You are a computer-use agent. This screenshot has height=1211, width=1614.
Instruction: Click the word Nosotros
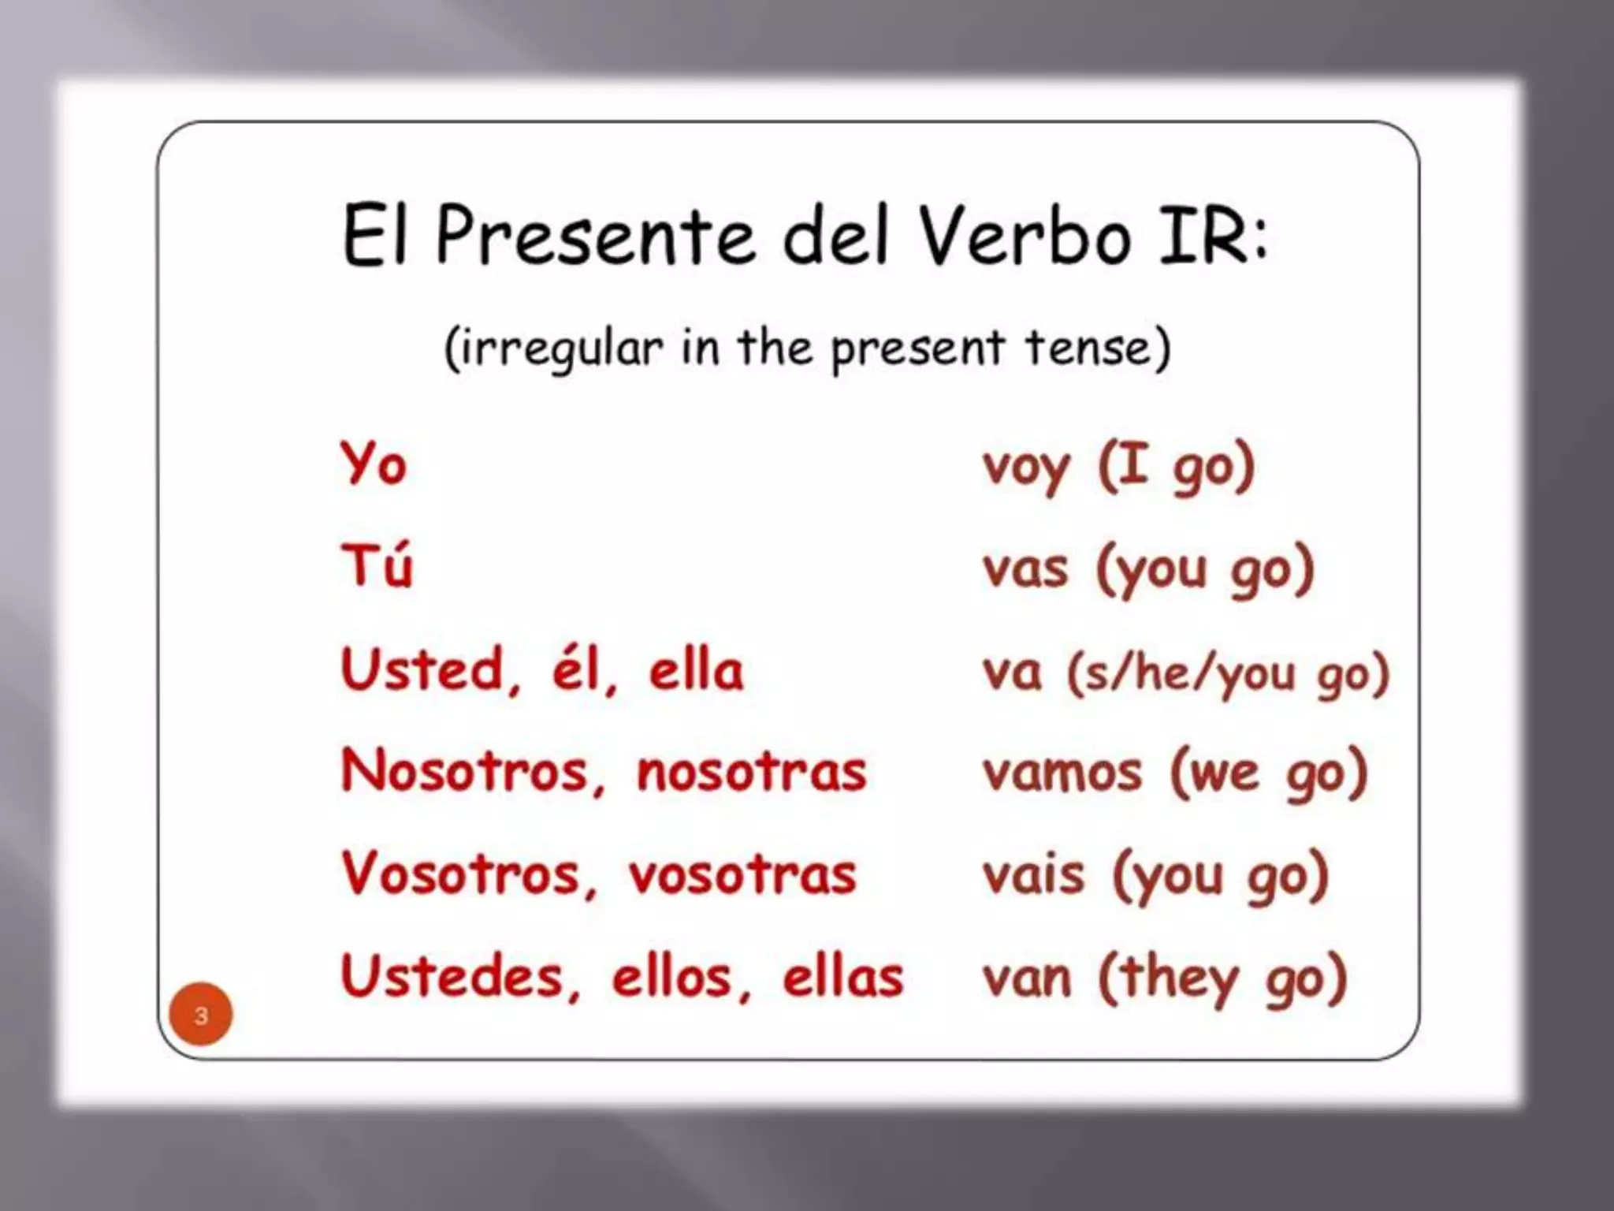pos(465,771)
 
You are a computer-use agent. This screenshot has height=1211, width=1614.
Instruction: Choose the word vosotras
pos(742,875)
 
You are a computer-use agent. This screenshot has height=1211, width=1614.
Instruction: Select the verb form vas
pos(1025,569)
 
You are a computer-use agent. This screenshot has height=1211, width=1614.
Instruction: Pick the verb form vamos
pos(1062,773)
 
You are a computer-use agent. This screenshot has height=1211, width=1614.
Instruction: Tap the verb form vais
pos(1033,875)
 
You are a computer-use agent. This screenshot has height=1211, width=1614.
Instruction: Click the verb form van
pos(1027,978)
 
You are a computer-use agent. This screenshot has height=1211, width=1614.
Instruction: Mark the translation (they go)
pos(1222,978)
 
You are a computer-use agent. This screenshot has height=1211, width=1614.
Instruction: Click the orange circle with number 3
pos(201,1014)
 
